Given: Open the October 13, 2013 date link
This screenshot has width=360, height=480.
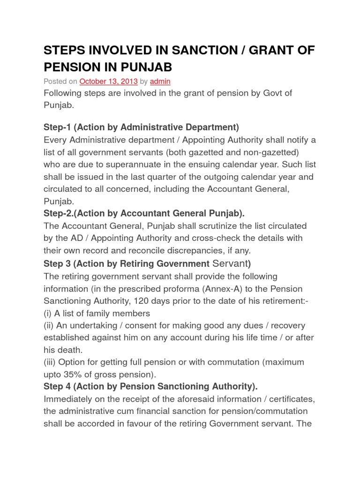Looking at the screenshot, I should (x=108, y=81).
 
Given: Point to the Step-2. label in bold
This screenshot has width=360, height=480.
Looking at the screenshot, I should (x=60, y=213).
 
